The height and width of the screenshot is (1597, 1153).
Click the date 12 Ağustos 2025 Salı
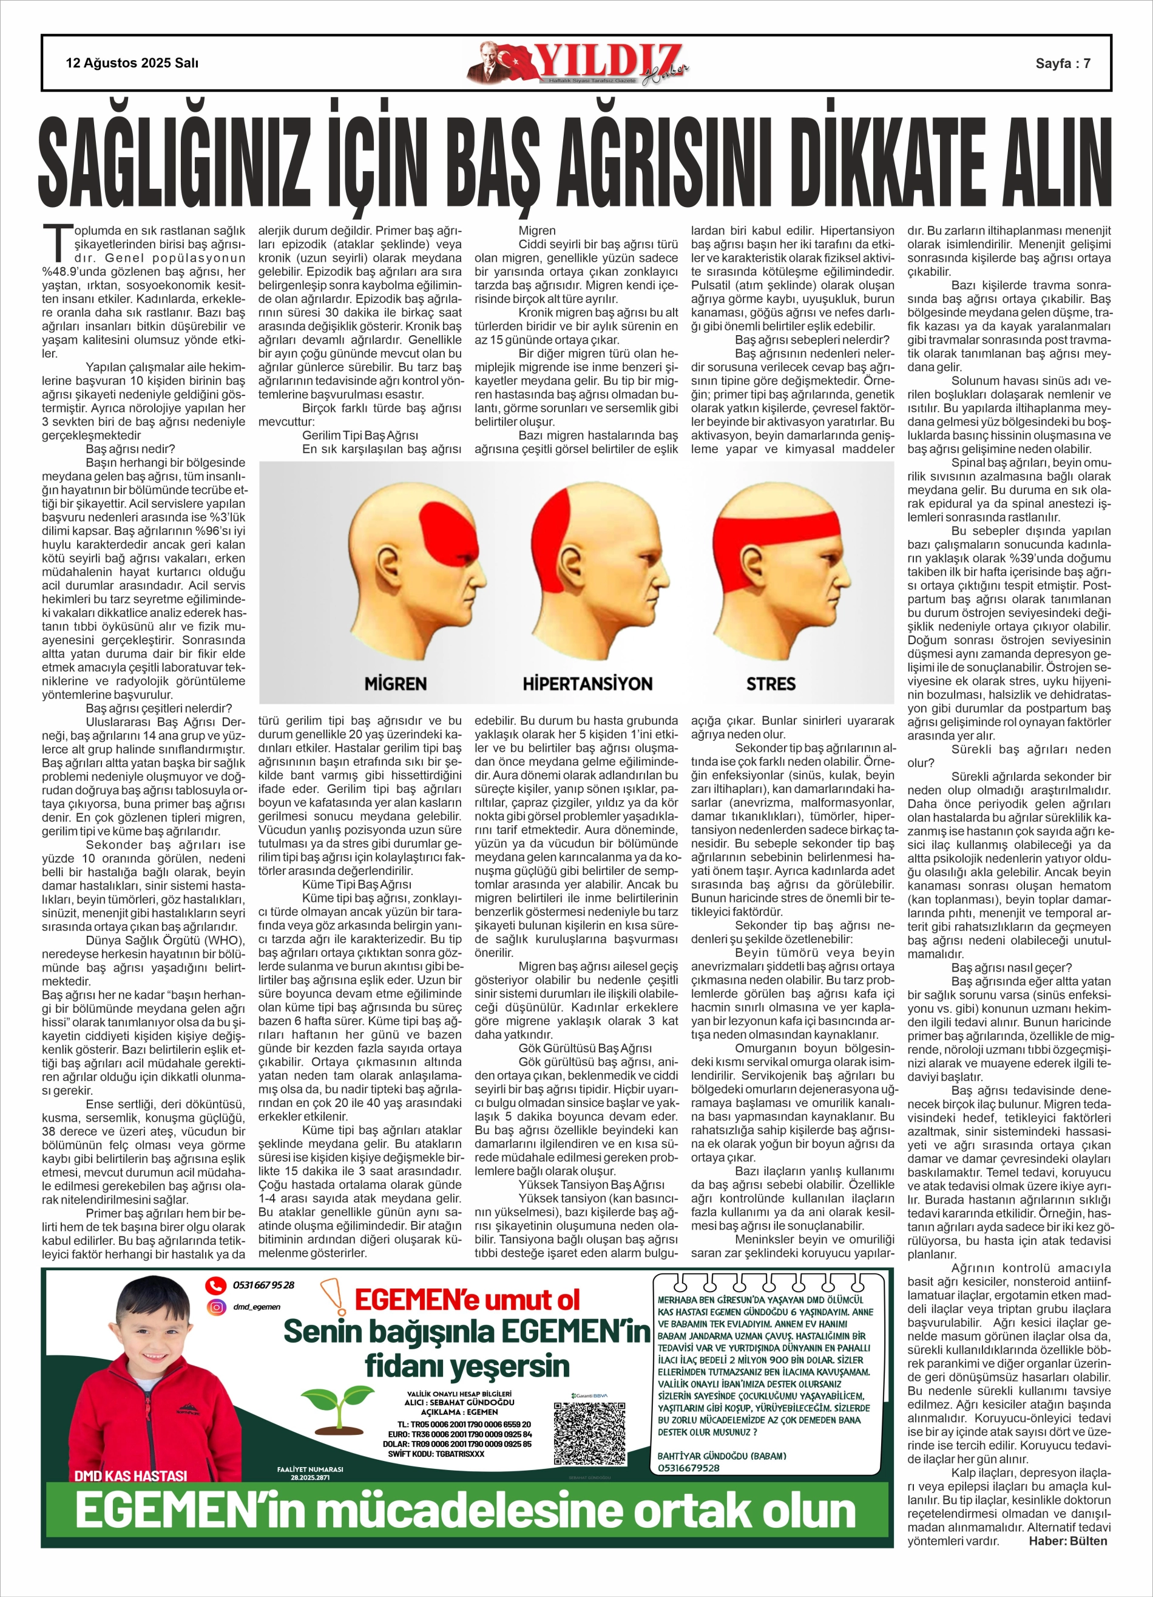coord(132,63)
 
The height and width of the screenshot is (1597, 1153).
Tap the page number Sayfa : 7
coord(1062,63)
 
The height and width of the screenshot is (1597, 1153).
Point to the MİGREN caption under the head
coord(395,684)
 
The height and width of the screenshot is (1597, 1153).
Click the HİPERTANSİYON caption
coord(587,684)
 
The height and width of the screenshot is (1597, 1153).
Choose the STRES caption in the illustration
coord(771,684)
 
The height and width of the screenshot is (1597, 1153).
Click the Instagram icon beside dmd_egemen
coord(215,1307)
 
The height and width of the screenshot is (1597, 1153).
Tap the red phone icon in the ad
coord(215,1285)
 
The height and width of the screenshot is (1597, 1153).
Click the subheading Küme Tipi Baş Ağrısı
coord(357,884)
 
